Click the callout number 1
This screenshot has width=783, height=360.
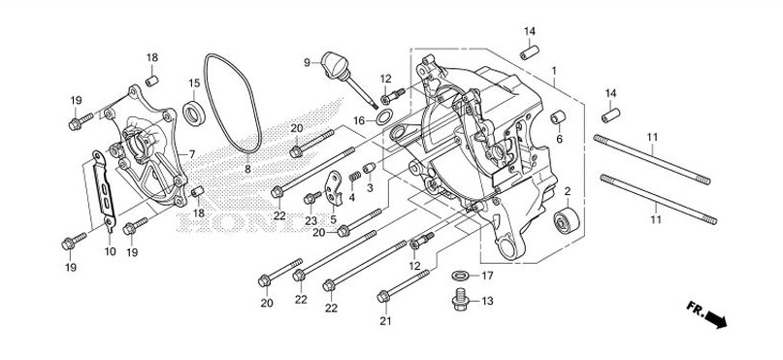(x=554, y=72)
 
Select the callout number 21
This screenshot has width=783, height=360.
(x=384, y=320)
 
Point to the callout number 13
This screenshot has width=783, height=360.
(x=488, y=301)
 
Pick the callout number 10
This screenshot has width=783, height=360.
(x=110, y=251)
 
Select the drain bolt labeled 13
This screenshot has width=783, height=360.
(x=461, y=300)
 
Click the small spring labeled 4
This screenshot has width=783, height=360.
(x=353, y=176)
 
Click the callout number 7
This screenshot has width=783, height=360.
(x=192, y=154)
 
